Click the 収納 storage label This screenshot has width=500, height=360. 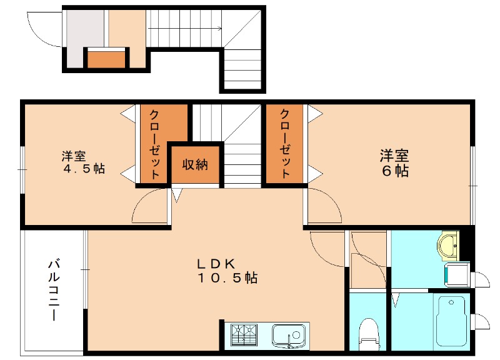point(195,165)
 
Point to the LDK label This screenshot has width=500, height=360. point(218,262)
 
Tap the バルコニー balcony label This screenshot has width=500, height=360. point(54,291)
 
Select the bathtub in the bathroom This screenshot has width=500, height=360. point(451,320)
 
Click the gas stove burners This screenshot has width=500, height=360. point(245,336)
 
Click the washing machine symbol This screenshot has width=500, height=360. point(456,274)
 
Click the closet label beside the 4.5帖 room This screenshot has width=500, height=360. point(153,144)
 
